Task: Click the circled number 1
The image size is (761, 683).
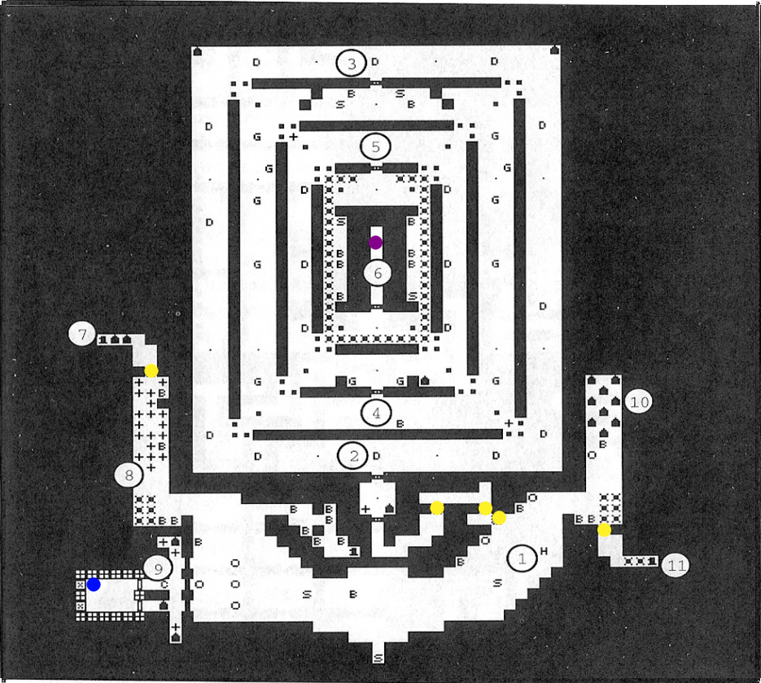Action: click(523, 558)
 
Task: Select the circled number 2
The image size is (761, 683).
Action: click(353, 456)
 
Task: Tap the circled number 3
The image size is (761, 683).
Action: click(351, 63)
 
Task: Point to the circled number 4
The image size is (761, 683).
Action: click(376, 413)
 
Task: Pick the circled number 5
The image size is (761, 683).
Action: click(375, 147)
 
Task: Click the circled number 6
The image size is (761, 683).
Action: click(377, 273)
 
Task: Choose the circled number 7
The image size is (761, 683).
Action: click(81, 334)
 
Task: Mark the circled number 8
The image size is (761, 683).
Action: click(129, 475)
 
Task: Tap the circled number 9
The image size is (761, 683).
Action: click(159, 568)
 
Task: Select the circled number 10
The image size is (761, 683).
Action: click(640, 401)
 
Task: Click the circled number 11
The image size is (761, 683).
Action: click(675, 566)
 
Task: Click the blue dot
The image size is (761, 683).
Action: click(94, 584)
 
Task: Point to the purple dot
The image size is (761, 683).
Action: click(375, 242)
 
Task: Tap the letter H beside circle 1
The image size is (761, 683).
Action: click(543, 552)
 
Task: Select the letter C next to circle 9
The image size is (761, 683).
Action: click(164, 584)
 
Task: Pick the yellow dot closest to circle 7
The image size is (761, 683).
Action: click(151, 370)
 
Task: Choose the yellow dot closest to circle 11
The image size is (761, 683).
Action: click(604, 530)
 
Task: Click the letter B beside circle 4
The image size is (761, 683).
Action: click(399, 423)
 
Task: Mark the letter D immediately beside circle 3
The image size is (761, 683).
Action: click(374, 62)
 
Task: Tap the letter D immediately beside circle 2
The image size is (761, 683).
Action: click(375, 456)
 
